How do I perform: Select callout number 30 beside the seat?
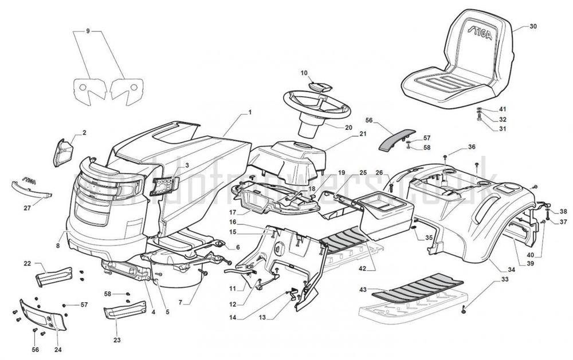533,27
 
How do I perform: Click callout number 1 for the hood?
250,112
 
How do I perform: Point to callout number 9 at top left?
88,30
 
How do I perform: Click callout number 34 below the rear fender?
511,269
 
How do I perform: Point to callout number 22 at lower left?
27,263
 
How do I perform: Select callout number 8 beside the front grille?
58,246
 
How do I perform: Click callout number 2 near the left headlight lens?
84,133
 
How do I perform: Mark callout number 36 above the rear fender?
472,147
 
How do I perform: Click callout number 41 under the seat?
503,109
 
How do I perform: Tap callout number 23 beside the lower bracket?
117,340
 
